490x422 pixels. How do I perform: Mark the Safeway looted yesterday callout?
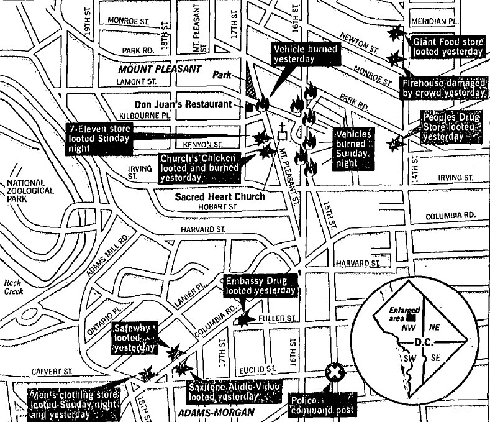click(134, 337)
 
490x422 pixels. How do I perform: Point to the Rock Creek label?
click(12, 287)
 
